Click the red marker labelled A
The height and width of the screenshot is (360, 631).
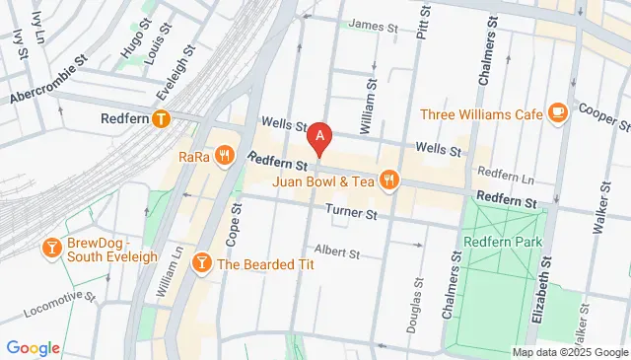[318, 137]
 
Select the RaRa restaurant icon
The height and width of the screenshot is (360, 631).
[226, 155]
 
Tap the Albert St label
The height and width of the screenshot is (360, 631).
[337, 252]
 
